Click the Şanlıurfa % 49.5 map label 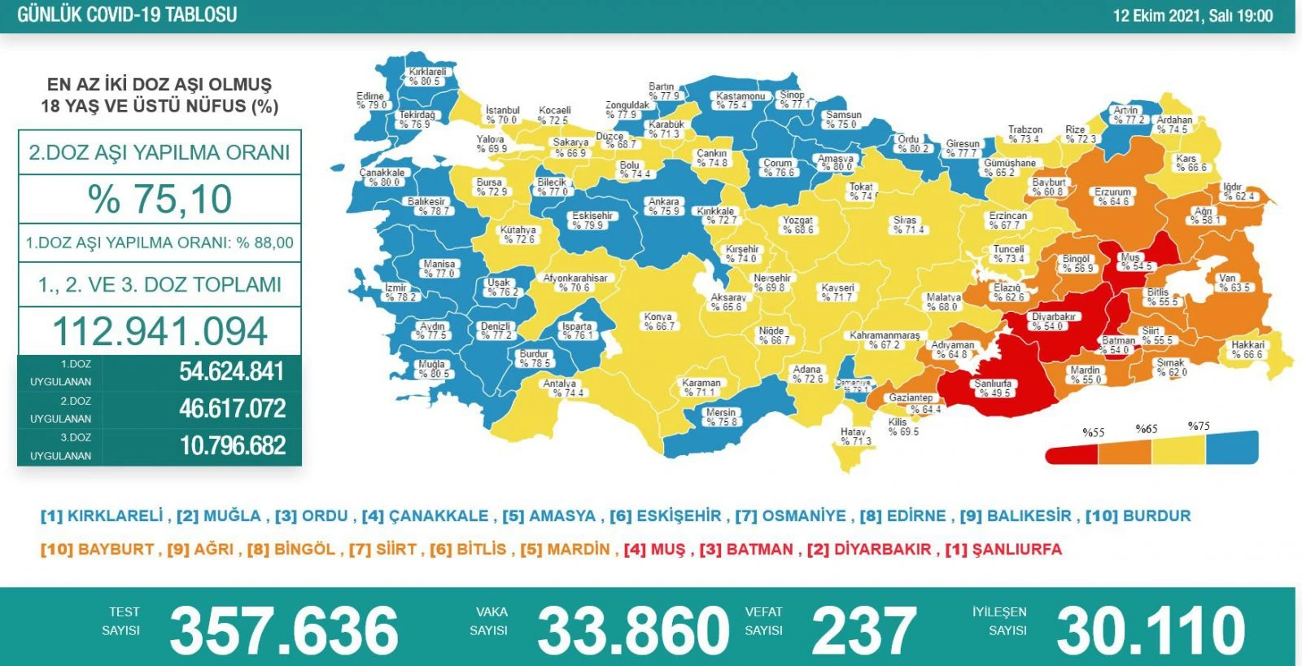point(993,388)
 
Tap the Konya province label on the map point(658,321)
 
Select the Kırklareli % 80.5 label point(426,77)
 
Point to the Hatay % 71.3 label point(854,436)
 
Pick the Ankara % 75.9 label point(663,206)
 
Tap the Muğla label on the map point(432,369)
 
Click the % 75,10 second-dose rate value point(159,199)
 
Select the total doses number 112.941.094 point(159,331)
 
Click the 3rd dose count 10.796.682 point(232,446)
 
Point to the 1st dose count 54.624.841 point(232,372)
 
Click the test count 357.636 point(283,630)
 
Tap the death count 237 point(863,630)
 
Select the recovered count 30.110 point(1151,630)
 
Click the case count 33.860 point(633,630)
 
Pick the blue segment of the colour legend point(1231,448)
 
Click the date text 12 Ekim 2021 point(1156,15)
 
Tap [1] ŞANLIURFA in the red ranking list point(1003,550)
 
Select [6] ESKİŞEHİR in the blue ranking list point(665,516)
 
